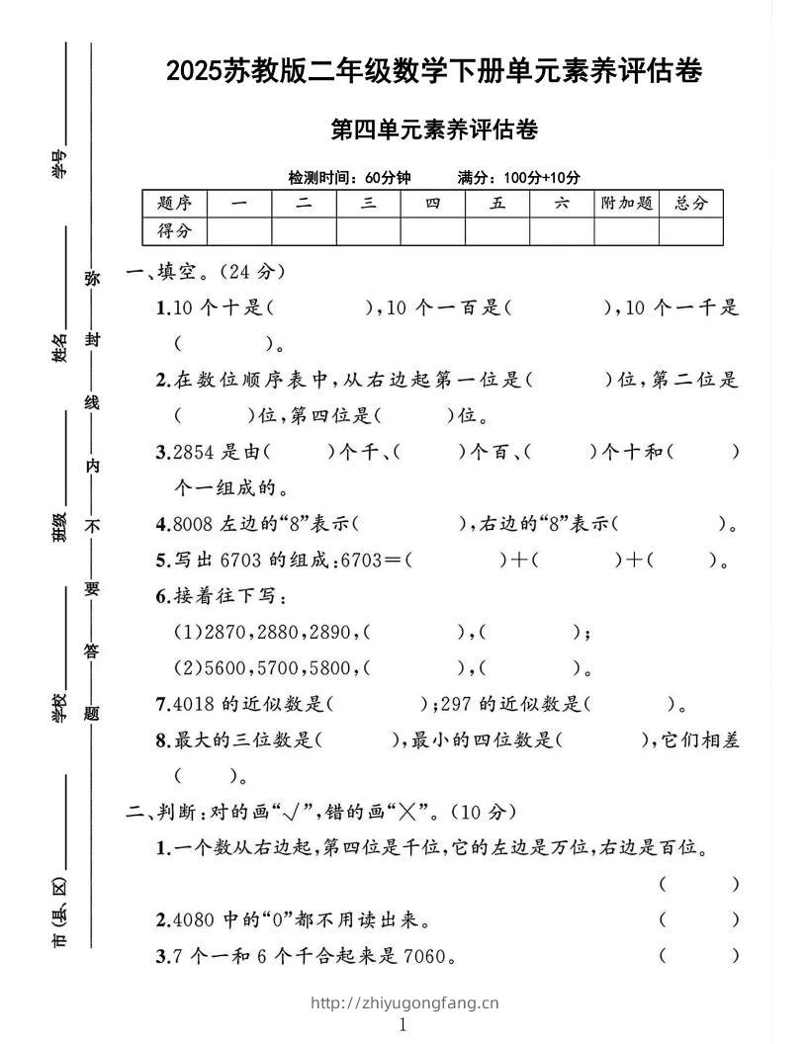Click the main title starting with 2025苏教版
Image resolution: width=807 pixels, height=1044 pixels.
pos(434,71)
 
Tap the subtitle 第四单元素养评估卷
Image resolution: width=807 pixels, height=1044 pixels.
pos(434,130)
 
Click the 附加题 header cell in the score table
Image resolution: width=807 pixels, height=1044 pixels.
pos(626,204)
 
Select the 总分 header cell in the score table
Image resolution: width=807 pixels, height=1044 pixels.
pos(691,204)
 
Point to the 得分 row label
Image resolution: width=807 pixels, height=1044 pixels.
pos(174,231)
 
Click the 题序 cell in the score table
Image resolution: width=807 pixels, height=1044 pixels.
pos(174,204)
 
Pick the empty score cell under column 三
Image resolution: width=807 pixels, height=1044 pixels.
pos(368,231)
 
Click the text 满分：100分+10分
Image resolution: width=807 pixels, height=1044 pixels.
pos(519,178)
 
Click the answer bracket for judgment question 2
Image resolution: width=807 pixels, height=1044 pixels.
pos(698,919)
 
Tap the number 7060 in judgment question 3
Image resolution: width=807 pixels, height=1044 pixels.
pos(424,956)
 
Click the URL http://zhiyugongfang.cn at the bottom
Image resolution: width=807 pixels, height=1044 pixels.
pos(404,1002)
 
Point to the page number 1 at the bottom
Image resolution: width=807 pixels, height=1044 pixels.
pos(403,1025)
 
